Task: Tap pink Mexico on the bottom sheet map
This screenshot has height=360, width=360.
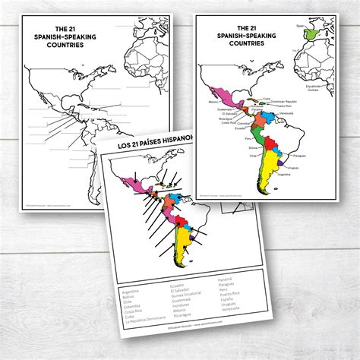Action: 122,183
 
